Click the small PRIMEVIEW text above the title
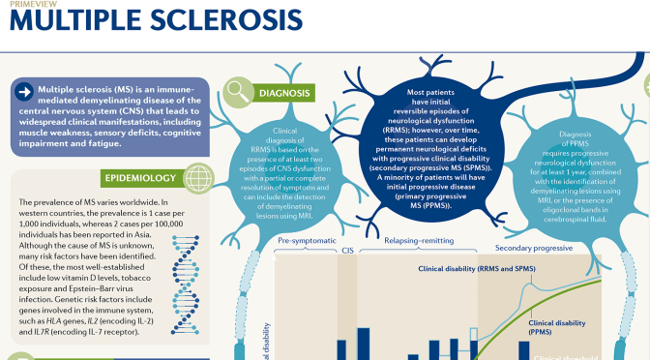click(22, 3)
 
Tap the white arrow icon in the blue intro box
click(24, 91)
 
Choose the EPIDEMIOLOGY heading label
click(141, 178)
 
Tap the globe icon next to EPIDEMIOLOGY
click(198, 178)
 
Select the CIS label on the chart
click(349, 248)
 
